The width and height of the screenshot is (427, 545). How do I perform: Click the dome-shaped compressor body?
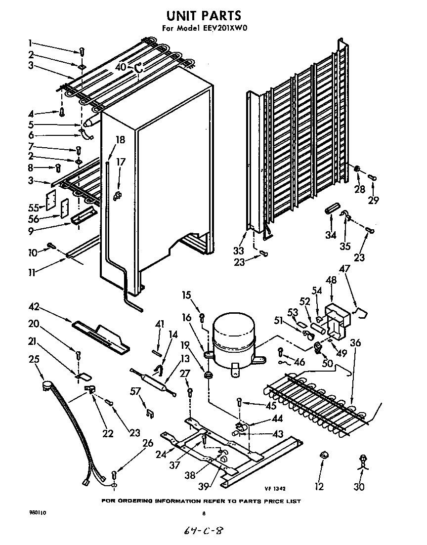pos(232,337)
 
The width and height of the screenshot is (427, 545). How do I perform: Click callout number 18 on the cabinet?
pos(121,140)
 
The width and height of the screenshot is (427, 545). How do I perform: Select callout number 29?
pos(373,200)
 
